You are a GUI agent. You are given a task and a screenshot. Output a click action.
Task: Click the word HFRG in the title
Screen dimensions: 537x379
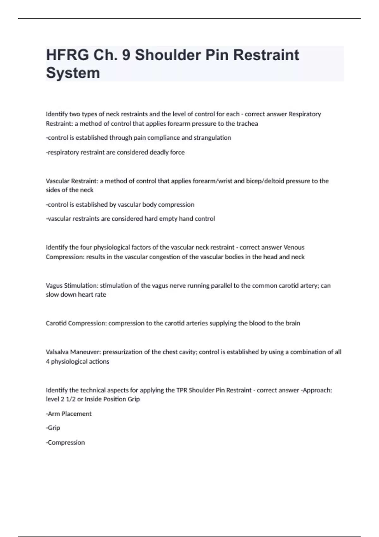(67, 55)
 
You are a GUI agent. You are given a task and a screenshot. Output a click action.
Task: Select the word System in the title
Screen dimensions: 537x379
(73, 73)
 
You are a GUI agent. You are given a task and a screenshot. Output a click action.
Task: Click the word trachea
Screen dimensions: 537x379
(247, 124)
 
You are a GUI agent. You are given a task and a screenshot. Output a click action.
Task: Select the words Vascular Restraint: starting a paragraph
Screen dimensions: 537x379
(72, 181)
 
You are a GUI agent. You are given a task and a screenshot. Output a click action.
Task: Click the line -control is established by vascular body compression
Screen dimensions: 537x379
(120, 205)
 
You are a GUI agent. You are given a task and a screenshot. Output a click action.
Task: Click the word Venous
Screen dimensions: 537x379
(294, 247)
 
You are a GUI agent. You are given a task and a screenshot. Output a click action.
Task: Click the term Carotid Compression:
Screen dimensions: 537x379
(76, 323)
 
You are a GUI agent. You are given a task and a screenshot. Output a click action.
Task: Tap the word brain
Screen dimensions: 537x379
(293, 323)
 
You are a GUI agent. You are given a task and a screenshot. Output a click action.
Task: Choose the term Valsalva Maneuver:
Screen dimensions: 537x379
(73, 352)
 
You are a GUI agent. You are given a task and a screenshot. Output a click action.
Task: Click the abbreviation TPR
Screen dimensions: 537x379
(182, 390)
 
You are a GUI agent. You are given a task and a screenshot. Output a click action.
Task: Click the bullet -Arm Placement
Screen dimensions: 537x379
(69, 414)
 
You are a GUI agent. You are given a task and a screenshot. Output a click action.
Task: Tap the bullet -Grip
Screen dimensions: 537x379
(53, 428)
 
